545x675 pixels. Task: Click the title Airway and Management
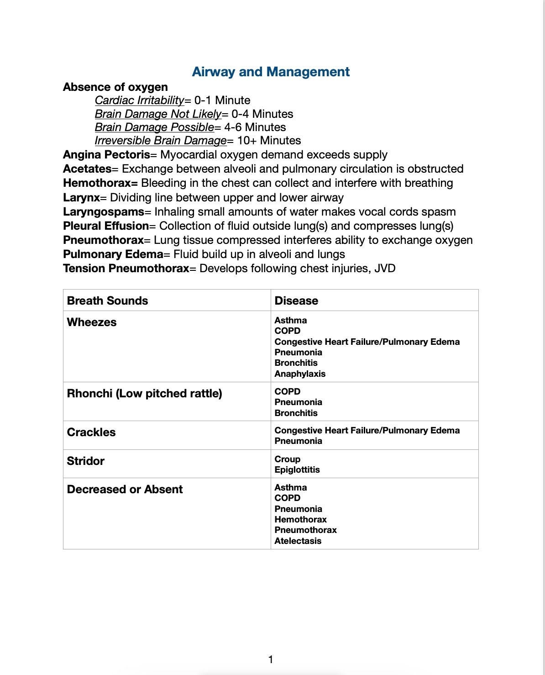tap(271, 72)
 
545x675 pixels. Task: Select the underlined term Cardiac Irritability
tap(139, 100)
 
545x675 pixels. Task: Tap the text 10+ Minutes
tap(269, 141)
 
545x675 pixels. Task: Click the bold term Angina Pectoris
tap(106, 155)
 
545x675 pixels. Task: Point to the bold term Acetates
tap(87, 169)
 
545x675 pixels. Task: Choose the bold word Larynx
tap(81, 198)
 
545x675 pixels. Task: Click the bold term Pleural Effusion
tap(106, 226)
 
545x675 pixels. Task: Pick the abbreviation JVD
tap(384, 269)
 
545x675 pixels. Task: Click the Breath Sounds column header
tap(107, 301)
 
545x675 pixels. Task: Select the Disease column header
tap(296, 301)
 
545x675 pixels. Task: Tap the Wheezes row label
tap(92, 322)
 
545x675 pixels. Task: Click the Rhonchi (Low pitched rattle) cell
tap(144, 394)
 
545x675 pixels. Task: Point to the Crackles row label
tap(91, 432)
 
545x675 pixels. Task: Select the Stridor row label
tap(85, 461)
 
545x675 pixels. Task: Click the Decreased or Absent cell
tap(125, 490)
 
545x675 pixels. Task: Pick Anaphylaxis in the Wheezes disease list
tap(300, 374)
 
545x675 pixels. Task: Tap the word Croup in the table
tap(288, 459)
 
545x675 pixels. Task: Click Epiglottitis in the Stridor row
tap(297, 470)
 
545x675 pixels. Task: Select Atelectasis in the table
tap(298, 541)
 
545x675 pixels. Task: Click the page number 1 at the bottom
tap(271, 659)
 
